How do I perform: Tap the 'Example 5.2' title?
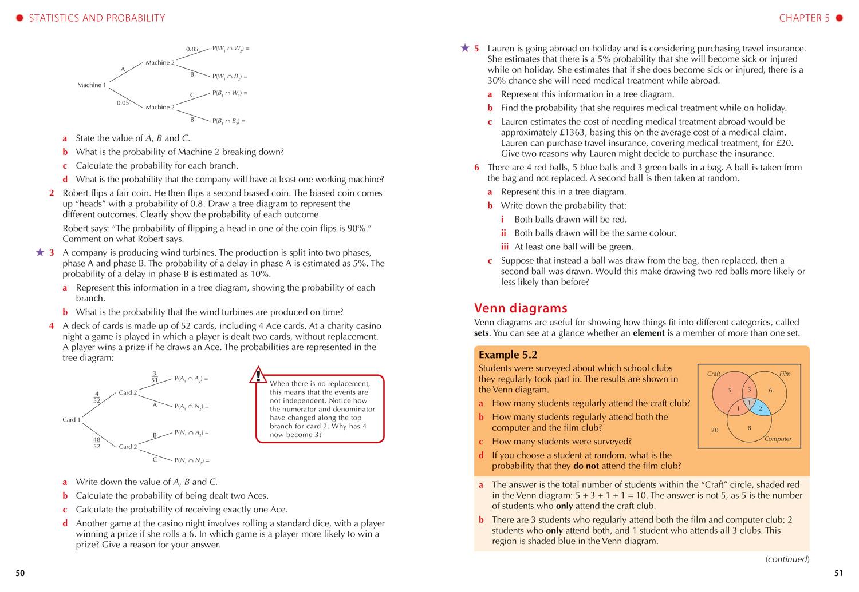click(x=508, y=355)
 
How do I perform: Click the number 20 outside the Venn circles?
click(x=714, y=430)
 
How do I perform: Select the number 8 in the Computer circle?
click(x=749, y=428)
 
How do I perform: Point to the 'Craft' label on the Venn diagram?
click(x=714, y=374)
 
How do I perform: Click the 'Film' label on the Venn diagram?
click(x=785, y=374)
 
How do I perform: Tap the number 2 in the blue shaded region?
click(x=760, y=408)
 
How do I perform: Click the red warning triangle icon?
click(x=258, y=375)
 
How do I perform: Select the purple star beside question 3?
click(x=40, y=252)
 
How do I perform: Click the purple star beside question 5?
click(x=465, y=48)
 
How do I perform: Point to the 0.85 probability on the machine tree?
click(x=192, y=49)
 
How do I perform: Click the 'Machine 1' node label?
click(x=92, y=85)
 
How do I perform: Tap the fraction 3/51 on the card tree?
click(x=155, y=376)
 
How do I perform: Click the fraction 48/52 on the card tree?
click(x=96, y=443)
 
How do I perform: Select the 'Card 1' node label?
click(x=72, y=420)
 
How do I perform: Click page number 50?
click(x=20, y=573)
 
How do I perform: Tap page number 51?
click(x=838, y=573)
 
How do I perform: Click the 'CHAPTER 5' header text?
click(x=804, y=18)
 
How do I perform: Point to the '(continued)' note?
click(x=787, y=559)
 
